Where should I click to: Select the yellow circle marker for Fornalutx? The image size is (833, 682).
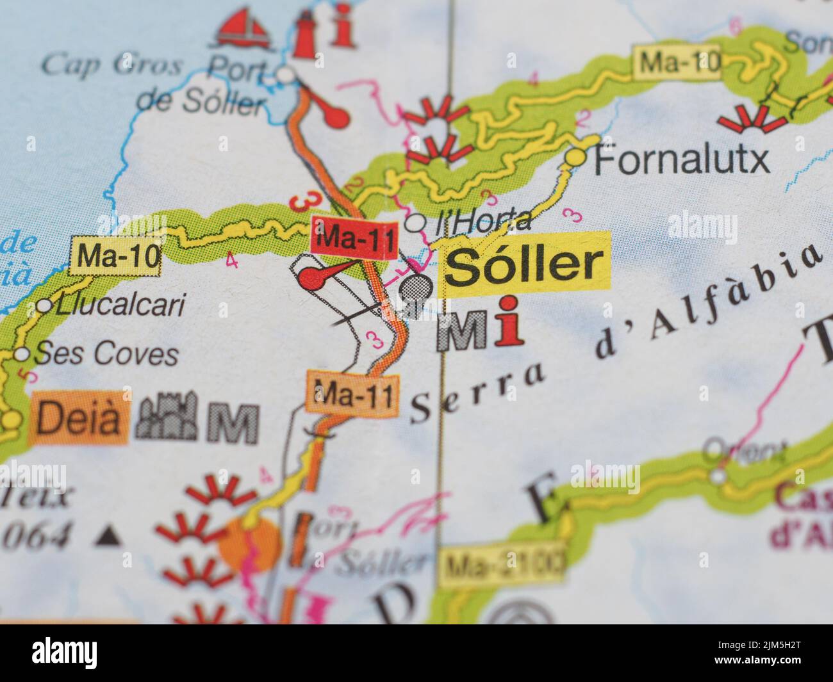coord(577,156)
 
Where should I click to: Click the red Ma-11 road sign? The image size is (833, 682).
coord(354,237)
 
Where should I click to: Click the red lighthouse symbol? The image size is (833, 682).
coord(306,29)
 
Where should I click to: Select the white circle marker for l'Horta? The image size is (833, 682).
coord(416,223)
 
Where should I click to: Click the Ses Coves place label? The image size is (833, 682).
coord(106,353)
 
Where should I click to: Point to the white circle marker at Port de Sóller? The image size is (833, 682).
coord(286,76)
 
